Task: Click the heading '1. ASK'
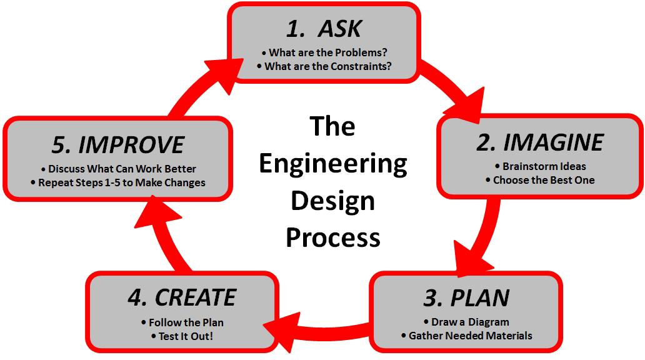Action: [323, 28]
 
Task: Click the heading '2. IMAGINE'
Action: [540, 142]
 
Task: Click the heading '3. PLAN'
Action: [466, 297]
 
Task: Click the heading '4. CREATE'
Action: [182, 297]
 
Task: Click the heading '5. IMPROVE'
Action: [118, 144]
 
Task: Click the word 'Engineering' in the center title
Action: [332, 164]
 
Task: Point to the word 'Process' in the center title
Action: [332, 237]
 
